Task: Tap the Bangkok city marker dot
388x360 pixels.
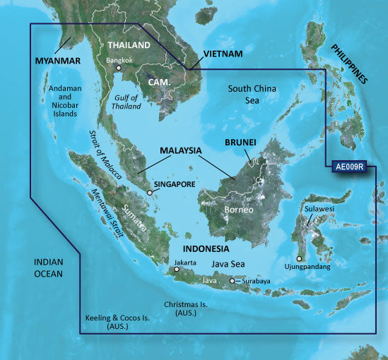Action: tap(119, 69)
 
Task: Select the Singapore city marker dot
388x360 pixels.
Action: tap(150, 192)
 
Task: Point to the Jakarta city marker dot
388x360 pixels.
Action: tap(177, 269)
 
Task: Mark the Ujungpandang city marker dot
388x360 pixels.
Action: tap(300, 258)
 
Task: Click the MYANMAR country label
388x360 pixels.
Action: tap(59, 61)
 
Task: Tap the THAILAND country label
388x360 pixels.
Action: tap(128, 45)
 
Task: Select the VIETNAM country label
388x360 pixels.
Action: tap(223, 54)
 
